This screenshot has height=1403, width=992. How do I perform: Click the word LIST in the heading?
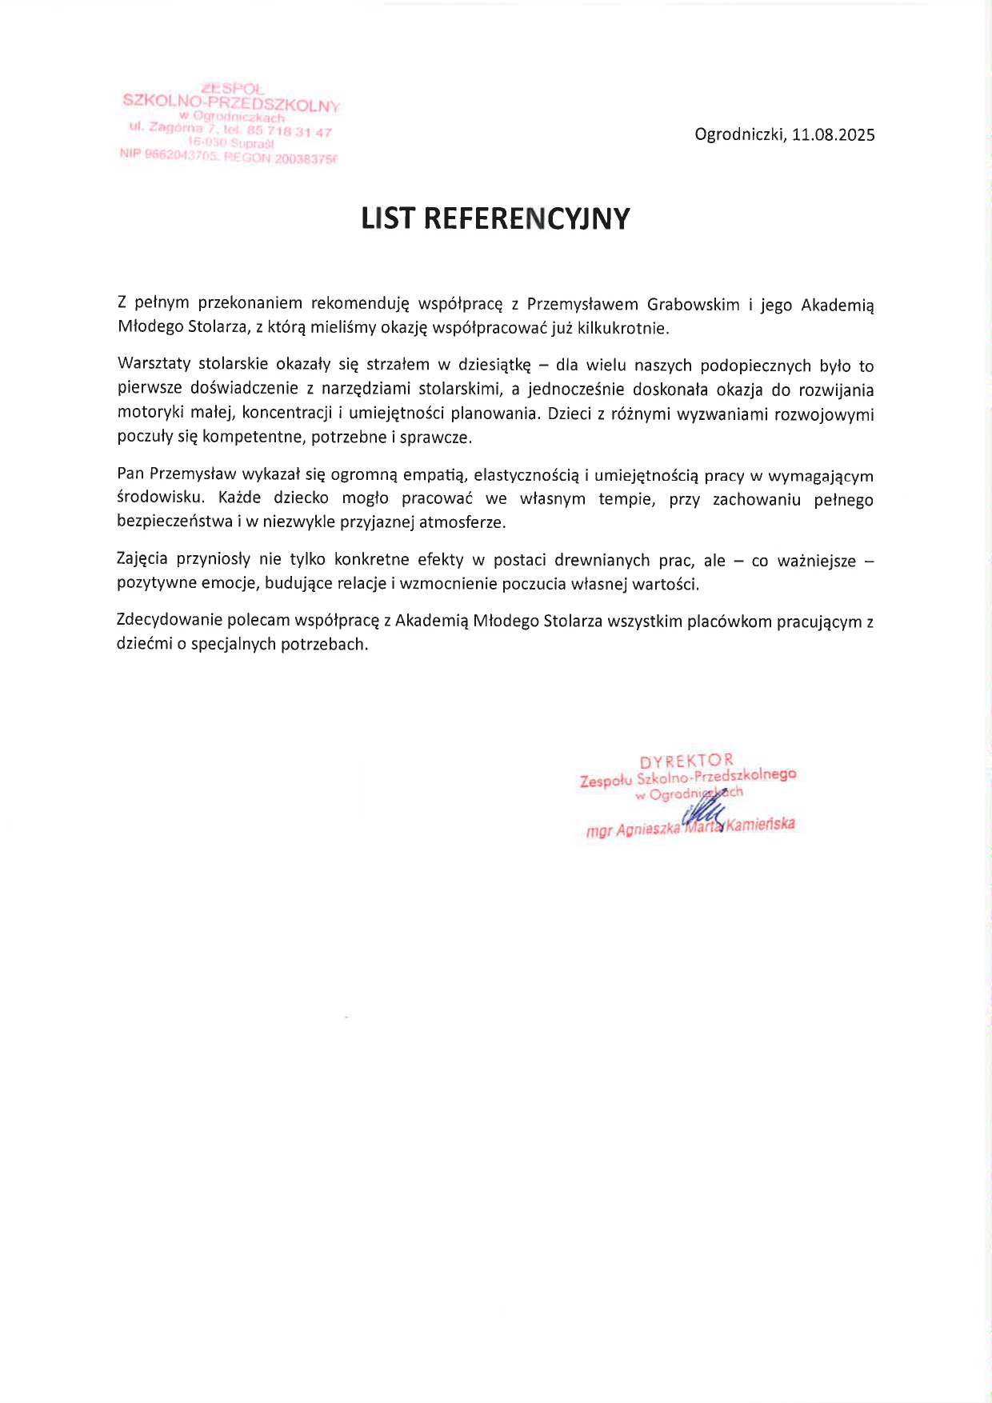tap(388, 218)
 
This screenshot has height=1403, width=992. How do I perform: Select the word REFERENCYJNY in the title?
tap(526, 218)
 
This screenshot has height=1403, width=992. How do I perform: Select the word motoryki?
tap(146, 414)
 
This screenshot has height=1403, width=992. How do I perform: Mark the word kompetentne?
tap(252, 438)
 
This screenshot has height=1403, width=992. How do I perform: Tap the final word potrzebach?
tap(324, 645)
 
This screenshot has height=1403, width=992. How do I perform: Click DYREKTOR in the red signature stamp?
tap(686, 760)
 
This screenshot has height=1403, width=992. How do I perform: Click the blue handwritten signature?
tap(704, 812)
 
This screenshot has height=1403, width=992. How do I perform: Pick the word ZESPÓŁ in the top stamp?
tap(232, 89)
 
